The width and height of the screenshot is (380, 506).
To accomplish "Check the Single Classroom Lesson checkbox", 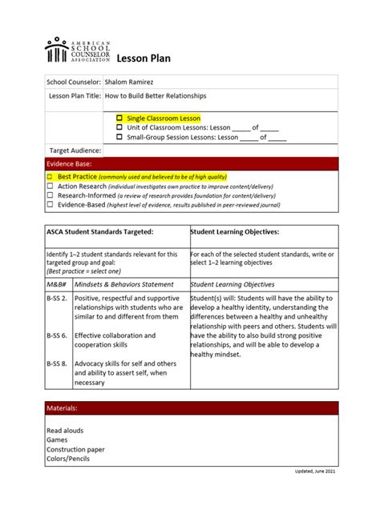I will coord(119,118).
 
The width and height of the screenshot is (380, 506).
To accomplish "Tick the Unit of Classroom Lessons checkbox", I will coord(119,127).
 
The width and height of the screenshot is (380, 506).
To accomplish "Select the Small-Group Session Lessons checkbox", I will coord(119,136).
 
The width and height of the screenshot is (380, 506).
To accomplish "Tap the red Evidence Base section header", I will coord(192,163).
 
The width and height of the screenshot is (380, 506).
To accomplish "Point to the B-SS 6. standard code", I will coord(57,335).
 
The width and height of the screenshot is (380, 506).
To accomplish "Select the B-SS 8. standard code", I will coord(57,364).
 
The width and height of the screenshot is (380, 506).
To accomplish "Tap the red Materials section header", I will coord(192,408).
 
